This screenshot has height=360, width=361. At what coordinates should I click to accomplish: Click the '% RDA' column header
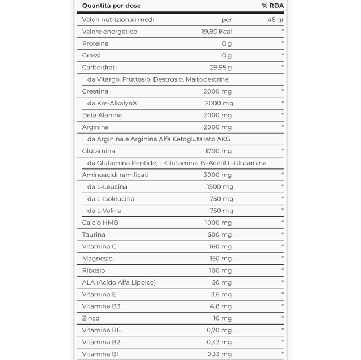click(x=273, y=6)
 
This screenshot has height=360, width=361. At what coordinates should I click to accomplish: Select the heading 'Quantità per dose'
click(x=112, y=6)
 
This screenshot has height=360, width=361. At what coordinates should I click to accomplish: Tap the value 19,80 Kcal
click(x=217, y=32)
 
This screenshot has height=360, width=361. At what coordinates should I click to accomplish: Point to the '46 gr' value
click(x=276, y=20)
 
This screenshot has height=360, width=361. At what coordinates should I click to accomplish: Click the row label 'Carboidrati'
click(x=99, y=68)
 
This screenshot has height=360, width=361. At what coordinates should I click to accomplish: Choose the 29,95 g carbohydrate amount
click(x=219, y=68)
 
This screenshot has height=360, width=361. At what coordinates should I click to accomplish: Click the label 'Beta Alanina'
click(x=102, y=115)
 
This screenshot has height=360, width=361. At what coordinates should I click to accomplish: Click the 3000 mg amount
click(x=218, y=175)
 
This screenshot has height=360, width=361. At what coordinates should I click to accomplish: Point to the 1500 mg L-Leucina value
click(x=219, y=186)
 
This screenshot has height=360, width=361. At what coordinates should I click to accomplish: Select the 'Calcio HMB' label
click(x=100, y=223)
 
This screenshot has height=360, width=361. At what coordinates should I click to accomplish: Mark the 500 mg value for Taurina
click(x=220, y=234)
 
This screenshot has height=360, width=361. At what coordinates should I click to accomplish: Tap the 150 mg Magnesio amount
click(x=220, y=259)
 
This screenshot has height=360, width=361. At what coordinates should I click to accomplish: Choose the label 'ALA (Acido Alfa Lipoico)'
click(x=118, y=282)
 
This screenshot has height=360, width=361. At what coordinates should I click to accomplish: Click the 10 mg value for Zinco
click(x=222, y=318)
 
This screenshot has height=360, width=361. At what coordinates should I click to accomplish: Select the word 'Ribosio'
click(x=94, y=270)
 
